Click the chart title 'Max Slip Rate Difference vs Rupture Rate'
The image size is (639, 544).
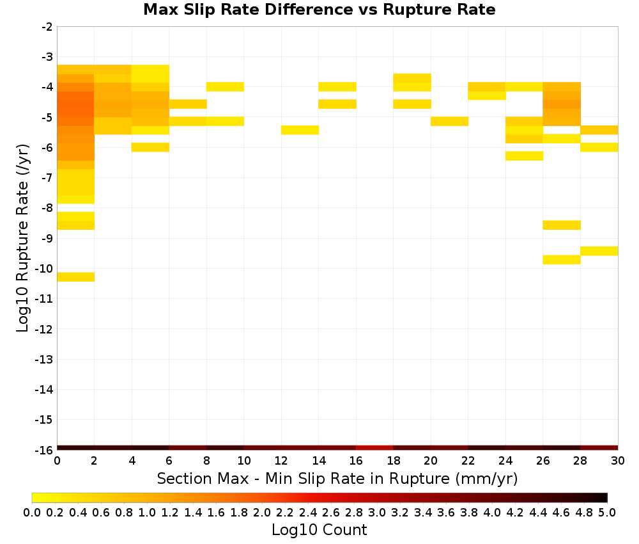319,9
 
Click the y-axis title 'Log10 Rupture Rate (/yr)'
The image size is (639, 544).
22,238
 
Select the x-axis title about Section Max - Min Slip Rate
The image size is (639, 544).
337,478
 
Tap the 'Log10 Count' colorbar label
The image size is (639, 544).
319,530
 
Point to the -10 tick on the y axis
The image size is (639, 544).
43,269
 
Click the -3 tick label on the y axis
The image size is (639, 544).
47,57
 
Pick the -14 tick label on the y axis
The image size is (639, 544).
43,389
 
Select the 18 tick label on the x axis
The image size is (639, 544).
393,461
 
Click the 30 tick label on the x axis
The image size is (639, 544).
618,461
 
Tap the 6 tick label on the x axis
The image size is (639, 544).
169,461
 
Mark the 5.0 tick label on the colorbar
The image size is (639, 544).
607,512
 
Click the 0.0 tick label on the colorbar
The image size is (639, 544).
32,512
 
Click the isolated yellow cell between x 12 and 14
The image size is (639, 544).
300,130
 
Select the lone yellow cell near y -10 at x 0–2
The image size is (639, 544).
76,276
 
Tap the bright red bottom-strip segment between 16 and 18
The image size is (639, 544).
374,448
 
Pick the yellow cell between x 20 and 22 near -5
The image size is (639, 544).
449,121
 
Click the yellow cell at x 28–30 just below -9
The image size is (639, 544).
599,251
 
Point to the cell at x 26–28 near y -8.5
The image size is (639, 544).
562,225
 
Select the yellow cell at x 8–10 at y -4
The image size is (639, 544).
226,86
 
